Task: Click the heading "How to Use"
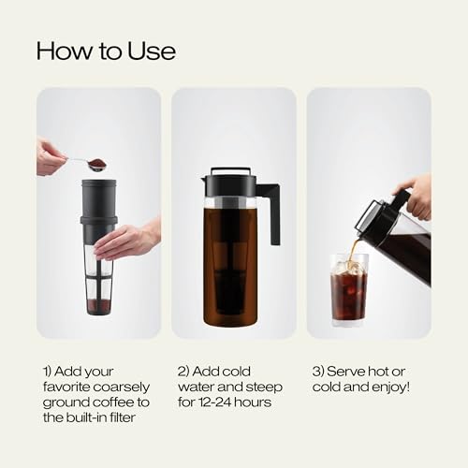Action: [x=106, y=50]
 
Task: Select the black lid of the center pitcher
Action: [x=230, y=183]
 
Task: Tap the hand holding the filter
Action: [x=126, y=241]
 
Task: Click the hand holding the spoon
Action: [x=50, y=156]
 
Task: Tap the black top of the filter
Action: [x=98, y=201]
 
